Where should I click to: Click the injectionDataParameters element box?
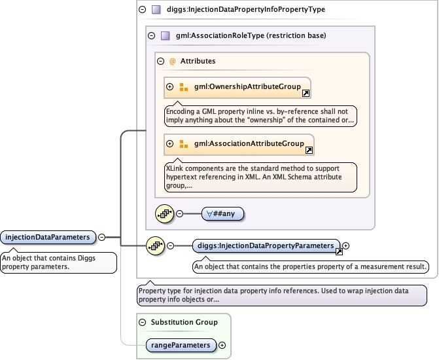[48, 237]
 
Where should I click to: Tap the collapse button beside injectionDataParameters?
[102, 237]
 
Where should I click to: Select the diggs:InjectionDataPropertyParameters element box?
[266, 245]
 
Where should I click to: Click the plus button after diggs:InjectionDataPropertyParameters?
[346, 245]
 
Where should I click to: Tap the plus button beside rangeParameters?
[222, 345]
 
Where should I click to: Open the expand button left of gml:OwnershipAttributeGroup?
[170, 87]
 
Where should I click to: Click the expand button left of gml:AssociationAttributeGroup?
[170, 144]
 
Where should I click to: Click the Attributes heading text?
[198, 61]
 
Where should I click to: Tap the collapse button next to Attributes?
[161, 61]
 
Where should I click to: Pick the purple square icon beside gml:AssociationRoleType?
[165, 36]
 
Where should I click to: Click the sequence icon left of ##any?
[164, 213]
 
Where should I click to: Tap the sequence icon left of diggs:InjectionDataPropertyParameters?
[155, 245]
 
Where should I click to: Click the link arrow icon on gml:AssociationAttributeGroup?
[309, 150]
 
